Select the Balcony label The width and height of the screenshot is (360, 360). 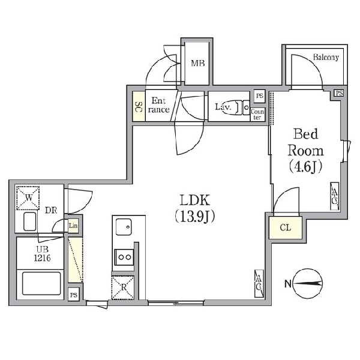click(x=326, y=57)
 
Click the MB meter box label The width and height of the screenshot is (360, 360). click(x=198, y=63)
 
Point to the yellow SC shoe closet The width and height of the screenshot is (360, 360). click(x=139, y=106)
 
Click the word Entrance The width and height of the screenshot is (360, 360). click(x=158, y=105)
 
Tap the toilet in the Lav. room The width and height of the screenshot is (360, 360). click(x=241, y=107)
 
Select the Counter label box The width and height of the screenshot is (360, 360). click(x=257, y=115)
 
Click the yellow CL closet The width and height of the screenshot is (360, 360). click(x=286, y=227)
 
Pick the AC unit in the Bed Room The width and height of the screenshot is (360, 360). click(x=335, y=196)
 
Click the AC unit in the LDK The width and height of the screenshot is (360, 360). click(x=259, y=283)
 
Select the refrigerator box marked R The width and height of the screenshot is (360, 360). click(x=123, y=287)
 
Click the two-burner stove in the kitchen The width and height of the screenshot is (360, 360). click(x=124, y=257)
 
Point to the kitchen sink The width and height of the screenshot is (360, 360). click(x=124, y=227)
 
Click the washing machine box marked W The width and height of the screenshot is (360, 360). click(x=28, y=198)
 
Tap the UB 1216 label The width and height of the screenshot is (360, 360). click(x=42, y=254)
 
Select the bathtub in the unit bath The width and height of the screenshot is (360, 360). click(x=41, y=284)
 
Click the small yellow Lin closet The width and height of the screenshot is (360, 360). click(x=73, y=226)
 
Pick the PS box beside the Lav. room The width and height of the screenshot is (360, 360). click(x=260, y=95)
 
